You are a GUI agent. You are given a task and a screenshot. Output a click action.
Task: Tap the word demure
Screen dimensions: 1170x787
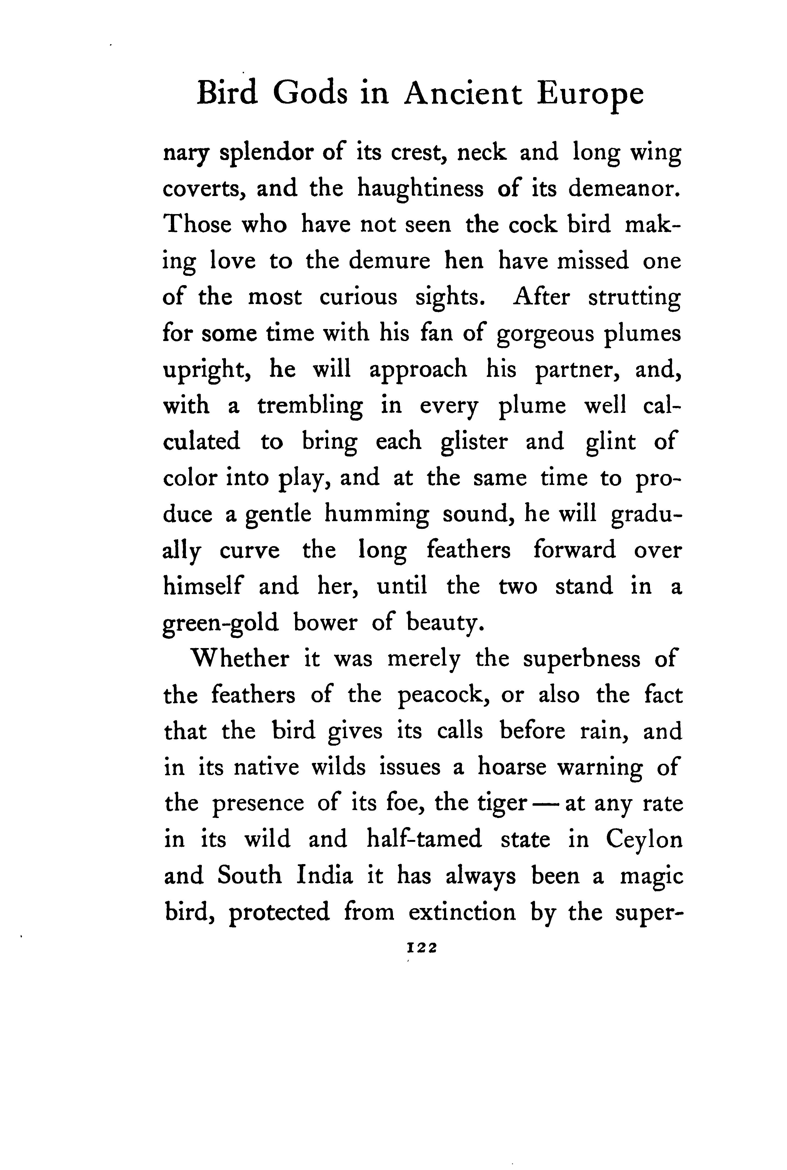pos(389,261)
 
